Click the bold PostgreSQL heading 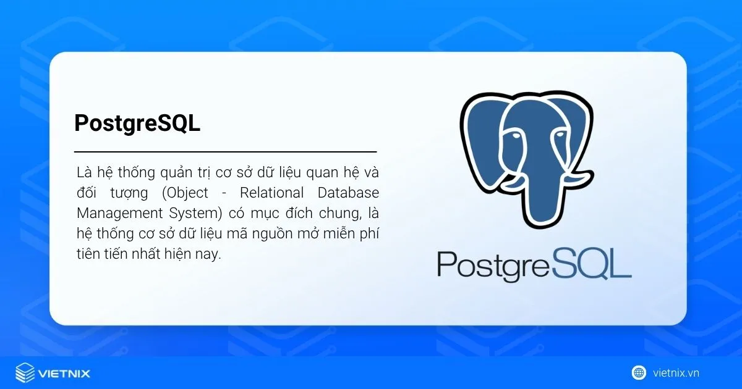point(137,123)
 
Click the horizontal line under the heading point(225,151)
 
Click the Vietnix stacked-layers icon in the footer point(24,373)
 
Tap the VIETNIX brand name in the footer point(64,374)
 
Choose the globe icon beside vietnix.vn point(638,373)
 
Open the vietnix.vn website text point(676,373)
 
